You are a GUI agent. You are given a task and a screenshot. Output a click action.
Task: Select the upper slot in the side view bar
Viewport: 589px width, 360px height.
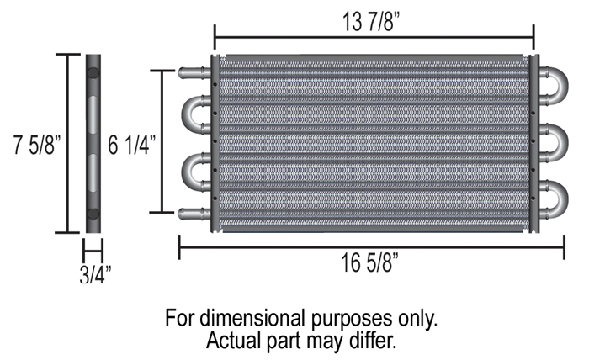pyautogui.click(x=93, y=111)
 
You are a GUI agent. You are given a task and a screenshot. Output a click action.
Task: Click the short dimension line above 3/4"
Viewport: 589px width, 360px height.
pyautogui.click(x=93, y=250)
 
